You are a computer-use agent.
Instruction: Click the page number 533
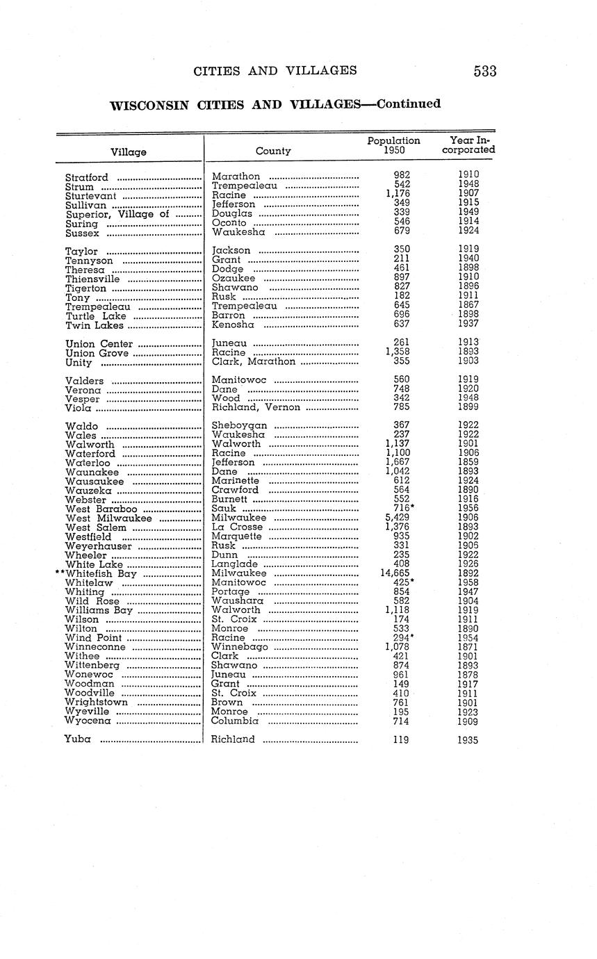pos(484,71)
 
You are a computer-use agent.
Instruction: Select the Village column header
pos(129,151)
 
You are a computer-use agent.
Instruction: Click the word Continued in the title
pos(407,104)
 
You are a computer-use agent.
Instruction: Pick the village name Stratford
pos(86,178)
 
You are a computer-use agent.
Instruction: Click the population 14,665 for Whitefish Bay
pos(395,573)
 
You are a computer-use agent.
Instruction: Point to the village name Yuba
pos(78,739)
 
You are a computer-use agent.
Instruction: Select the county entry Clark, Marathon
pos(253,362)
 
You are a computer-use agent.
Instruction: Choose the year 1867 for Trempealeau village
pos(468,306)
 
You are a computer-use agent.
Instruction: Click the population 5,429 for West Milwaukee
pos(398,518)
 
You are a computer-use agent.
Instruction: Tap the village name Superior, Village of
pos(117,215)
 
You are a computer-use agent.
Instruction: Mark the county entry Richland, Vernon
pos(255,408)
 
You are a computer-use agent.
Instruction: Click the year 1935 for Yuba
pos(468,740)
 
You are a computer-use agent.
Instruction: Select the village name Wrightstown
pos(96,703)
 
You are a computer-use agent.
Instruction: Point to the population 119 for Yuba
pos(401,740)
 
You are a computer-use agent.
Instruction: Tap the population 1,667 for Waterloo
pos(398,463)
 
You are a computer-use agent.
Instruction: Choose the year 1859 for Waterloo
pos(468,463)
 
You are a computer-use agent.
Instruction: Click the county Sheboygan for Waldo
pos(239,426)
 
